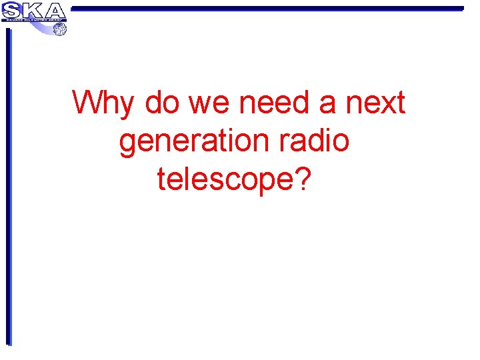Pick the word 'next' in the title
tap(375, 103)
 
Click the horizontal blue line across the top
tap(267, 9)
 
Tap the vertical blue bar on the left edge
tap(9, 187)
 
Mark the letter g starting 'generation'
tap(129, 143)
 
